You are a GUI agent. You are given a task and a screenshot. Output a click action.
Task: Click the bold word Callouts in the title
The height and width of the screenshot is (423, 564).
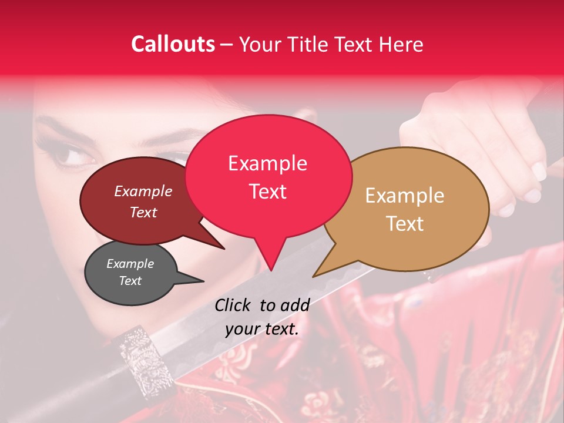pos(173,44)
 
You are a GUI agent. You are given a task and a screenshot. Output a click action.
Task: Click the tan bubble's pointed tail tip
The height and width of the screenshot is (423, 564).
pos(313,277)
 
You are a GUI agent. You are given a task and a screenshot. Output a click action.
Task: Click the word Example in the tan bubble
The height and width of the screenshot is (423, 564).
pos(405,196)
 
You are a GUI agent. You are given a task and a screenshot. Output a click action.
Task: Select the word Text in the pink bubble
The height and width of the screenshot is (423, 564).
pos(268,192)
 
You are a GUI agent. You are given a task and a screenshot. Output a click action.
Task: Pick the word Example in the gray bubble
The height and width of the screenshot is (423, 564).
pos(130,264)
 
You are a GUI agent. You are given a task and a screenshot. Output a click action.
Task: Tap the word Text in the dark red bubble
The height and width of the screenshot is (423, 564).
pos(143,213)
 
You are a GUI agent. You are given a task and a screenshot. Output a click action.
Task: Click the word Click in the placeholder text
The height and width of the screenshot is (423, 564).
pos(234,305)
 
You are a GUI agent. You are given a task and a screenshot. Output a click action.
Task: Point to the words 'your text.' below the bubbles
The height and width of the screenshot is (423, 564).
pos(262,329)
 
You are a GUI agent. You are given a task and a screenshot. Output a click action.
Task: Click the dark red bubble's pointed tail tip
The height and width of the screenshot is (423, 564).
pos(224,249)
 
